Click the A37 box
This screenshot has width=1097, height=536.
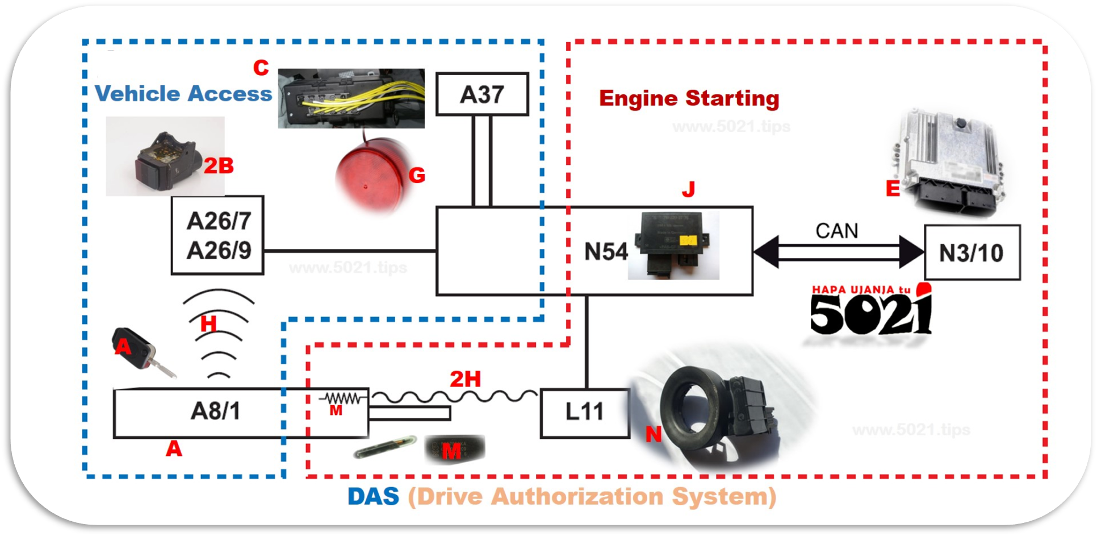482,94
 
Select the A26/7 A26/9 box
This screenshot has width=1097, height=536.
218,235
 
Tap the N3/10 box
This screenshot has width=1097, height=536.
972,253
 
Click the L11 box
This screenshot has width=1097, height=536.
585,413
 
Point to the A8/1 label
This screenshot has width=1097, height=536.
215,411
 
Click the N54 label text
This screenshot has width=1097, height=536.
606,252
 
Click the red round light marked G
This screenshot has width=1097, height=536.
370,174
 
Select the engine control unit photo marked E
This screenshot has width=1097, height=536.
948,162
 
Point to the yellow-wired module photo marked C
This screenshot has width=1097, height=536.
351,99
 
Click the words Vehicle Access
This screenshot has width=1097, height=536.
183,94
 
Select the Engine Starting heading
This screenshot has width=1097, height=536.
689,99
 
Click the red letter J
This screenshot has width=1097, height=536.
689,189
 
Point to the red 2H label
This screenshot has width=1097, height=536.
465,379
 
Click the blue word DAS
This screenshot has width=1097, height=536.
373,497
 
